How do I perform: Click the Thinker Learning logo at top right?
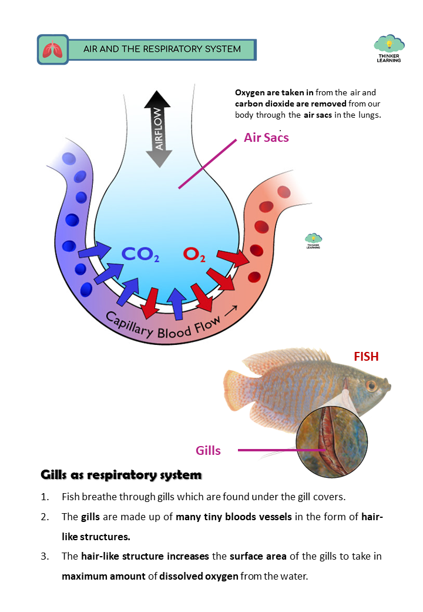389,49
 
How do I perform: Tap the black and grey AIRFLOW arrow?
157,129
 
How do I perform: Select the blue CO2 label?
140,254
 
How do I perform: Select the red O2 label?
194,254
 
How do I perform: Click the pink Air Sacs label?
266,138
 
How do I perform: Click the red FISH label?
366,357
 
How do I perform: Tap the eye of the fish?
371,385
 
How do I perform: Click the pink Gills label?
208,451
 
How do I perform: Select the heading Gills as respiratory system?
121,474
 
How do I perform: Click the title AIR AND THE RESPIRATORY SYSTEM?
162,49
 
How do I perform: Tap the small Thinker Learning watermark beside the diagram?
313,241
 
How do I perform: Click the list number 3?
45,556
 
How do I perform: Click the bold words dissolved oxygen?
202,576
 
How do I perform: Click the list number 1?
45,496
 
